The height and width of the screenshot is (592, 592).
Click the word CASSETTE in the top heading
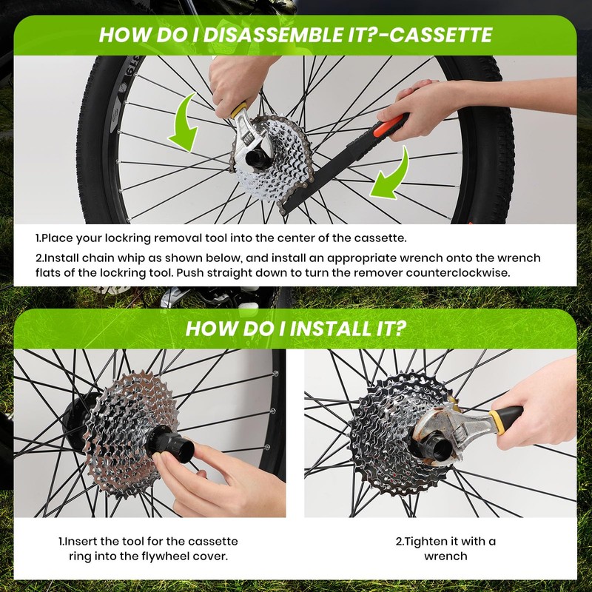440,35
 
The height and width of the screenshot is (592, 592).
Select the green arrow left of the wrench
186,122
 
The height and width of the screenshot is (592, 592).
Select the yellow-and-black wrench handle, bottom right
506,420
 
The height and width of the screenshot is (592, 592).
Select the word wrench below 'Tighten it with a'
445,556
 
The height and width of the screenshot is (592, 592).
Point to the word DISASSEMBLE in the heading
273,35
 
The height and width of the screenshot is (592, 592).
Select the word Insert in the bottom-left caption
81,542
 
